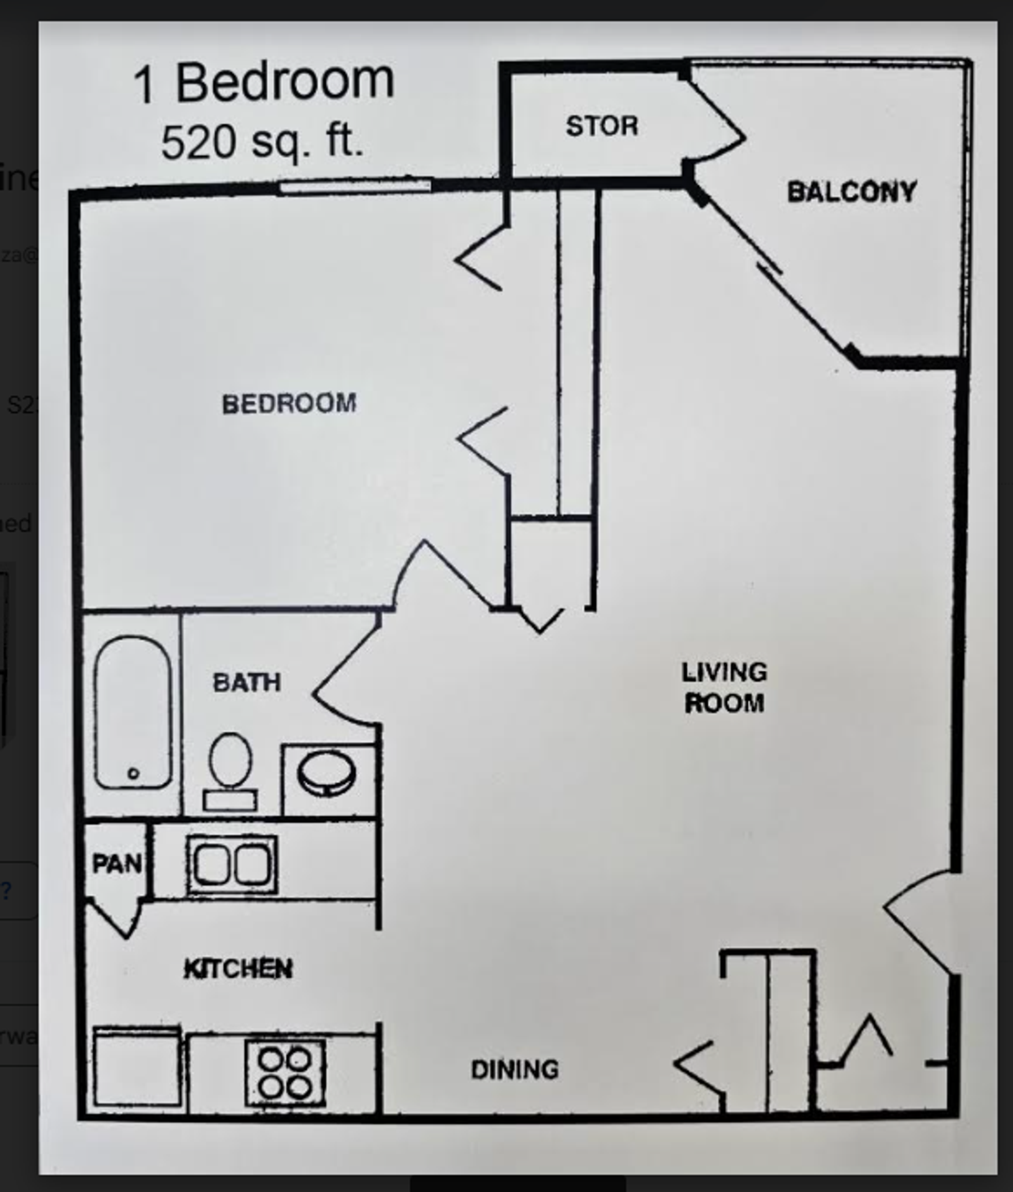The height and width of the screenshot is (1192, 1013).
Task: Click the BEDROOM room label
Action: pyautogui.click(x=289, y=404)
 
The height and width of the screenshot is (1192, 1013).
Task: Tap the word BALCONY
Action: pyautogui.click(x=852, y=192)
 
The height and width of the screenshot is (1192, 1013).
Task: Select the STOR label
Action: pyautogui.click(x=601, y=126)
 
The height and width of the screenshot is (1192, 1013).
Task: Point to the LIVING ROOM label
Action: pyautogui.click(x=724, y=688)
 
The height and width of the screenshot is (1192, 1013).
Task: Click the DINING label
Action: pyautogui.click(x=515, y=1069)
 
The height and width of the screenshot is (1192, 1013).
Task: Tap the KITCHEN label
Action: pyautogui.click(x=238, y=968)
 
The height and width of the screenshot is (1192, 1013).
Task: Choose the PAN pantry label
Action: pyautogui.click(x=116, y=863)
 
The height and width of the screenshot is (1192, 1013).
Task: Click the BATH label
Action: pyautogui.click(x=247, y=682)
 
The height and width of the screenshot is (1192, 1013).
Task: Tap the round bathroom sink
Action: pyautogui.click(x=327, y=774)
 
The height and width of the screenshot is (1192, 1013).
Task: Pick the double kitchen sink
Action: pyautogui.click(x=232, y=864)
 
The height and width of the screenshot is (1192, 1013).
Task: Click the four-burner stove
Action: pyautogui.click(x=285, y=1072)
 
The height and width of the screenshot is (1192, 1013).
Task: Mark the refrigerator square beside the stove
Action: pyautogui.click(x=137, y=1068)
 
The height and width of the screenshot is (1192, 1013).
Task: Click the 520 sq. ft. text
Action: pyautogui.click(x=261, y=142)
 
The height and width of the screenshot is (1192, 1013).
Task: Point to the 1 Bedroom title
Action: pyautogui.click(x=264, y=83)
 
